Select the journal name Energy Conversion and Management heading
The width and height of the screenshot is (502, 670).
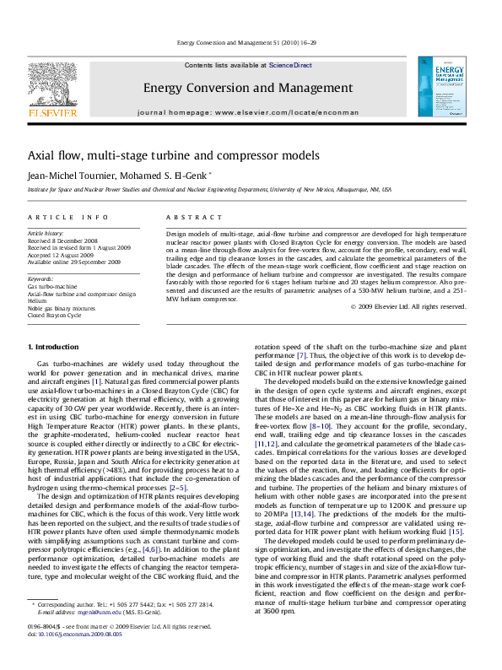pyautogui.click(x=247, y=88)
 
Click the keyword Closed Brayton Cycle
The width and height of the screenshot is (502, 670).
pyautogui.click(x=55, y=316)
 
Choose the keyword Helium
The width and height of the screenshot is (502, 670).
pyautogui.click(x=37, y=301)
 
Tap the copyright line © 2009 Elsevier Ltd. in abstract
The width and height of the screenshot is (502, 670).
pyautogui.click(x=408, y=307)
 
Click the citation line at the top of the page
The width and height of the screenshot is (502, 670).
pyautogui.click(x=250, y=42)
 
